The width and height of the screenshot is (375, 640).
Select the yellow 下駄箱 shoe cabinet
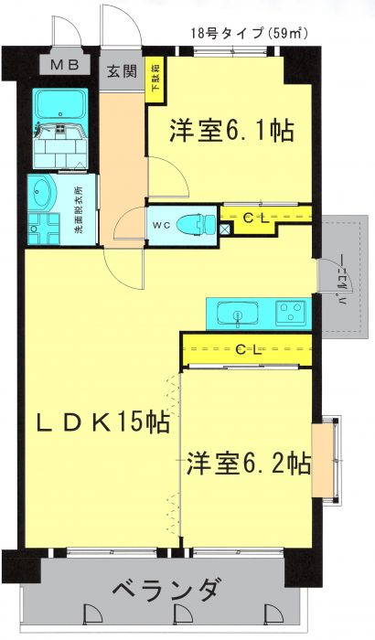coord(156,81)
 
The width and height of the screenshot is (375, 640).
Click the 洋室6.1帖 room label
coord(230,131)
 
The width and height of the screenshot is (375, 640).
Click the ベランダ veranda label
coord(166,589)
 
